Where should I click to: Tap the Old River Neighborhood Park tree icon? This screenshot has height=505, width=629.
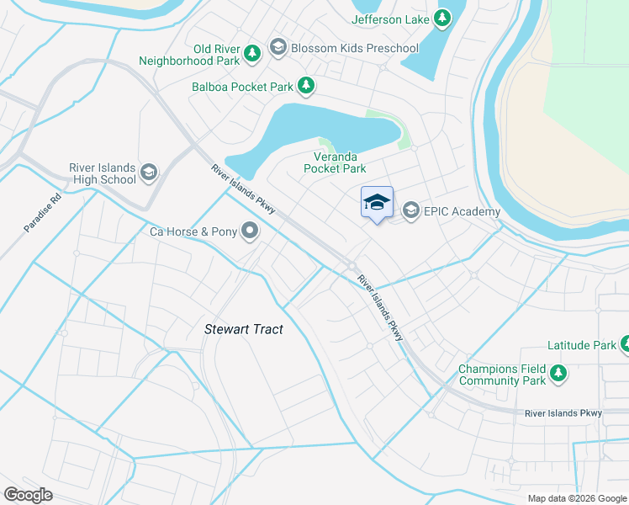251,55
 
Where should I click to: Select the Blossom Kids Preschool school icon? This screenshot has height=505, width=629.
279,48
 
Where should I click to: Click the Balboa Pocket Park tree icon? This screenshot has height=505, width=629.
307,86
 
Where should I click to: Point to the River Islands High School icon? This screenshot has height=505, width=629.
149,173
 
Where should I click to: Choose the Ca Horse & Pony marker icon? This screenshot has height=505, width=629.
250,230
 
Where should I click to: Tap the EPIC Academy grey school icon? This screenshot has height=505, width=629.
411,211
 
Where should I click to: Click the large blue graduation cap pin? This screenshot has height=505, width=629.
377,203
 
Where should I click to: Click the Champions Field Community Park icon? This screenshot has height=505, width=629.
558,373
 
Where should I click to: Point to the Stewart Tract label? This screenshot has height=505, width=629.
244,329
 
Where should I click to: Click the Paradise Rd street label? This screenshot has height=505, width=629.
43,214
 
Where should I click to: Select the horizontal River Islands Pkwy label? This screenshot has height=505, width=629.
563,413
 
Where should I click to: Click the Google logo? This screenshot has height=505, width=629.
28,494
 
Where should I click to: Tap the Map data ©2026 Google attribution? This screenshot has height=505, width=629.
576,498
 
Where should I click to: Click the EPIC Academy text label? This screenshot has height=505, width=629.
462,212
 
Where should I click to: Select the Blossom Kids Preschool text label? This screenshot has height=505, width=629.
354,48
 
